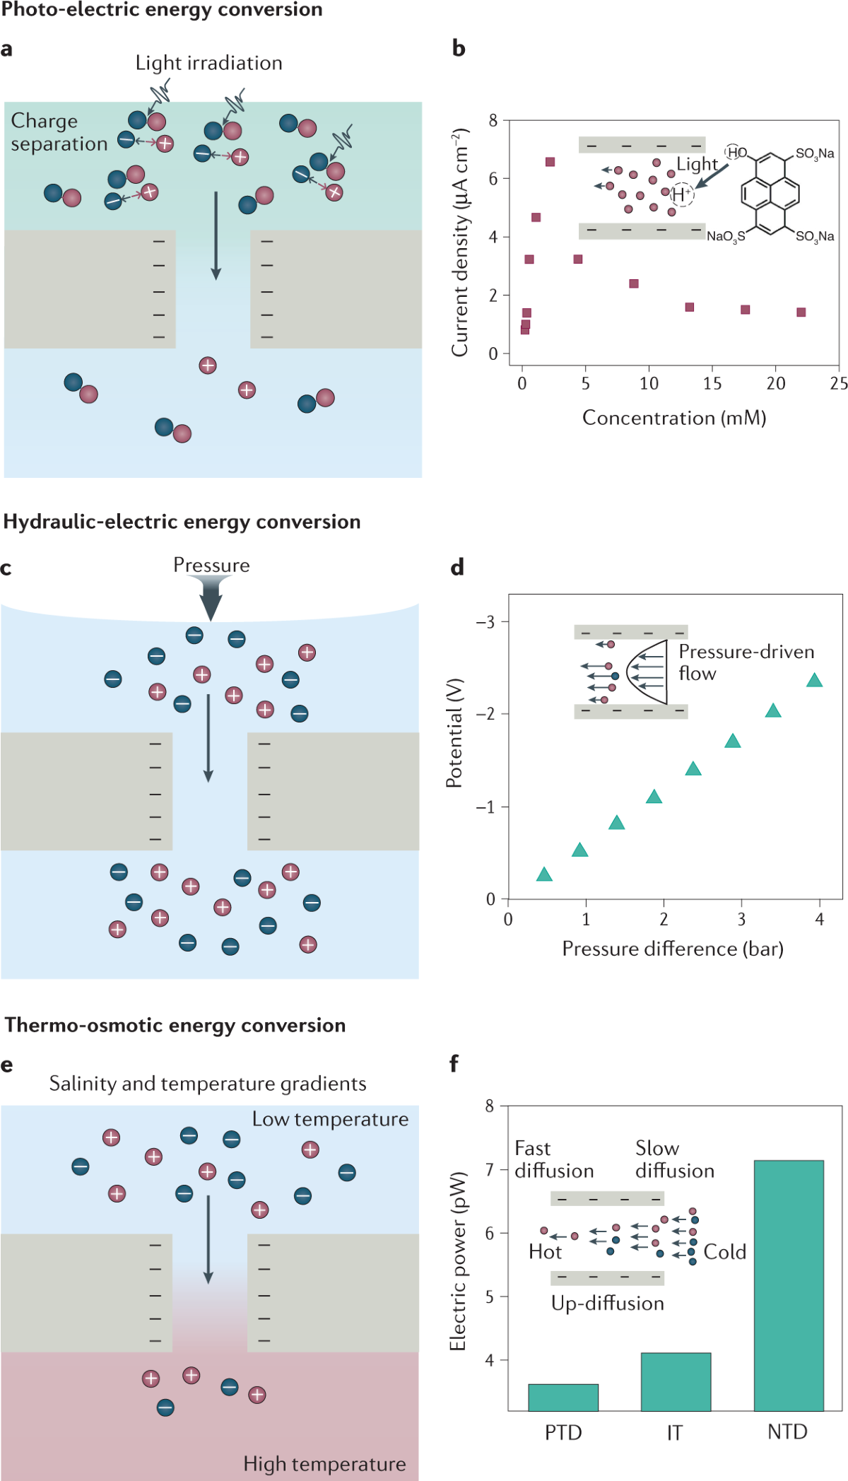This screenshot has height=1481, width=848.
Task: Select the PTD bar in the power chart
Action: (563, 1397)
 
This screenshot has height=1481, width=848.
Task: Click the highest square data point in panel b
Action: (550, 162)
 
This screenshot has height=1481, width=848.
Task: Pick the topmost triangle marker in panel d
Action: (814, 681)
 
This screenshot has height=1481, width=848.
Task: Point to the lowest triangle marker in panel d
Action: (543, 875)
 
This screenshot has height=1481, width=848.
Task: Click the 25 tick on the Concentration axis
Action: (839, 383)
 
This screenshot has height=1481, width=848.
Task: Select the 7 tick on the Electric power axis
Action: (489, 1169)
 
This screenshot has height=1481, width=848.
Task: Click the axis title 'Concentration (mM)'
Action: (674, 418)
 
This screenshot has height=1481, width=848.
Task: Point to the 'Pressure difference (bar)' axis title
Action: (672, 949)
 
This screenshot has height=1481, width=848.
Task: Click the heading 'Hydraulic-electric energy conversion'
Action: (182, 522)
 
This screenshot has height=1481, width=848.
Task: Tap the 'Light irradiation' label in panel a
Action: (208, 63)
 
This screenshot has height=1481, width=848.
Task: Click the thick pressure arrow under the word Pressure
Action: (211, 597)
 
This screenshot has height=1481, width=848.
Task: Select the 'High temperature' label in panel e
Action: (324, 1463)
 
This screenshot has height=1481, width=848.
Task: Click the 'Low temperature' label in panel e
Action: (330, 1119)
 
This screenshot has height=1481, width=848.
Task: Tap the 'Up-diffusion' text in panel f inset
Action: (607, 1303)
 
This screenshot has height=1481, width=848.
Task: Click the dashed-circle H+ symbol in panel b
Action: (681, 194)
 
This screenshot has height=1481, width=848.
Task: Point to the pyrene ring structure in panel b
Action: (770, 192)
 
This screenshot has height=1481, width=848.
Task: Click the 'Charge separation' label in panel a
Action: (59, 132)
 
